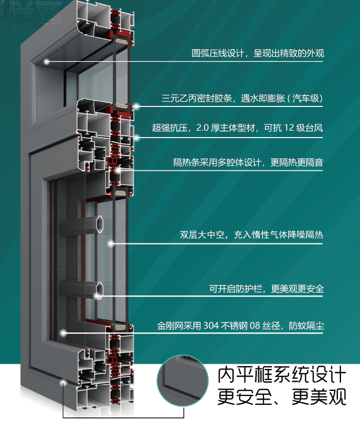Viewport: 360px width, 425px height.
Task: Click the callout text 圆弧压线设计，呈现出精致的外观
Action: coord(257,54)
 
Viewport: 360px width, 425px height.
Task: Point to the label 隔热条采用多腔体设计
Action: coord(248,162)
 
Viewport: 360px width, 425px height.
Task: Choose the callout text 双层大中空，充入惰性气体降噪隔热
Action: coord(251,235)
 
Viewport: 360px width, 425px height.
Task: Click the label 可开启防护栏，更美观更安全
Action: coord(266,289)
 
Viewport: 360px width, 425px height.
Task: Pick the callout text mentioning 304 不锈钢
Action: coord(240,326)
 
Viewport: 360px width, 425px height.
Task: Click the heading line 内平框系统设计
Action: coord(281,375)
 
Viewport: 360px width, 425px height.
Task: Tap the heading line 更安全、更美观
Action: coord(281,397)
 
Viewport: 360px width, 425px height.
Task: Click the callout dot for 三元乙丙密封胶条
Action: coord(138,106)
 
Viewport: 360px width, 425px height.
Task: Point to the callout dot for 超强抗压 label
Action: coord(137,137)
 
